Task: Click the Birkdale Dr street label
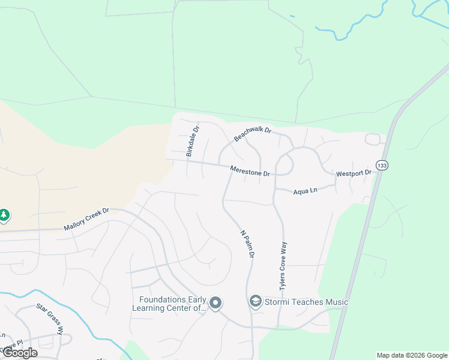point(192,142)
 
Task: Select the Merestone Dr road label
point(250,172)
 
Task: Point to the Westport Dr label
point(354,173)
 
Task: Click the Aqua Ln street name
point(304,191)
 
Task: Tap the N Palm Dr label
point(248,244)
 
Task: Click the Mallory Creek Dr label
point(88,219)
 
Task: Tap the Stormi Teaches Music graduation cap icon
point(255,301)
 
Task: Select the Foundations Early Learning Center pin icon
point(216,302)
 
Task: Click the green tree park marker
point(4,214)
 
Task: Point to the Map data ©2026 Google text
point(412,355)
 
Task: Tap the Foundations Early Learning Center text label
point(172,304)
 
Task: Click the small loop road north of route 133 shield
point(373,139)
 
